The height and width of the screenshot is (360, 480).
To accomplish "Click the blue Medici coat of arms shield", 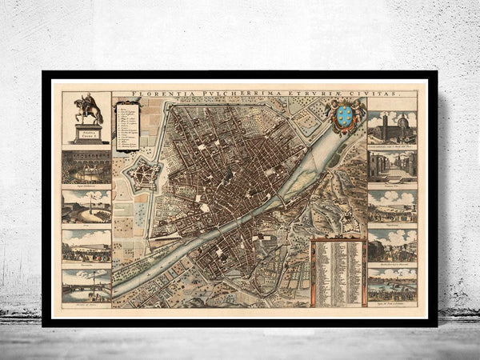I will pos(345,116).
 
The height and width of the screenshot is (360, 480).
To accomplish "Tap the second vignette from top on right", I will pos(392,166).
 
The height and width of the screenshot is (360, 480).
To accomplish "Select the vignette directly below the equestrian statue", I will pos(86,166).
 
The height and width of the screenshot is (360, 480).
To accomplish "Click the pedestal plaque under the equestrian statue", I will pos(86,134).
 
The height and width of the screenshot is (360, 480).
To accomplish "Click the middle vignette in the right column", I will pos(392,206).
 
